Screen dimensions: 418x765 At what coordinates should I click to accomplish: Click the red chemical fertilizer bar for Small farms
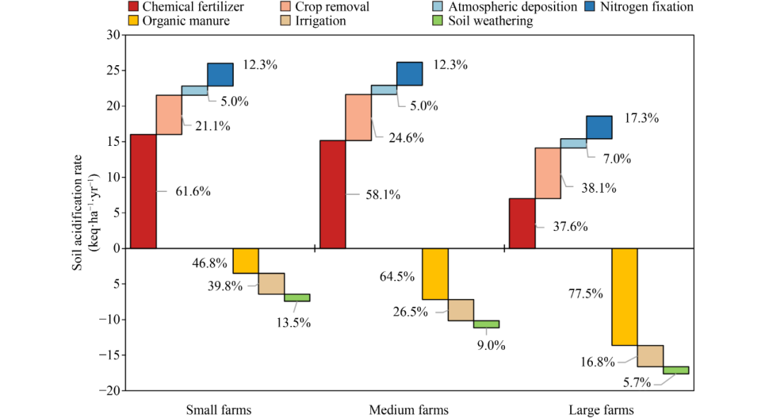(x=144, y=191)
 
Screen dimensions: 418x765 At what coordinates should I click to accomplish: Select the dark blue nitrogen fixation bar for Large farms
(x=599, y=127)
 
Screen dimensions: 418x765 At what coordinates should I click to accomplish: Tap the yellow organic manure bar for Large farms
(x=625, y=297)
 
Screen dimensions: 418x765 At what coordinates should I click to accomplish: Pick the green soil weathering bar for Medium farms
(x=486, y=324)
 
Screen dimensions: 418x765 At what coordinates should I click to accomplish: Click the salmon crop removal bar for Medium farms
(x=358, y=117)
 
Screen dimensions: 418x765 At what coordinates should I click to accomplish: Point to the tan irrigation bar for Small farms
(x=271, y=283)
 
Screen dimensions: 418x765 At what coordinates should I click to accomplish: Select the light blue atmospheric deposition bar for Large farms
(x=573, y=143)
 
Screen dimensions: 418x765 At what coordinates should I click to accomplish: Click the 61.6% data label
(x=193, y=191)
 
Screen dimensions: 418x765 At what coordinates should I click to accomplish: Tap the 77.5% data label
(x=585, y=293)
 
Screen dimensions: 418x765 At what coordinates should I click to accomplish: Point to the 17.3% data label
(x=641, y=118)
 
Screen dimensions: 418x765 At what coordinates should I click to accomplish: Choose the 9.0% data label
(x=492, y=346)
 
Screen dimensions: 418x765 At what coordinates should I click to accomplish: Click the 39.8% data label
(x=227, y=286)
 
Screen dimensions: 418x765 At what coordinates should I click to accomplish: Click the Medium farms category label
(x=409, y=409)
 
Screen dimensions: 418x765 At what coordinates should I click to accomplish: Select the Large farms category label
(x=601, y=409)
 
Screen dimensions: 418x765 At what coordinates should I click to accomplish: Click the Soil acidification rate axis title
(x=83, y=213)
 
